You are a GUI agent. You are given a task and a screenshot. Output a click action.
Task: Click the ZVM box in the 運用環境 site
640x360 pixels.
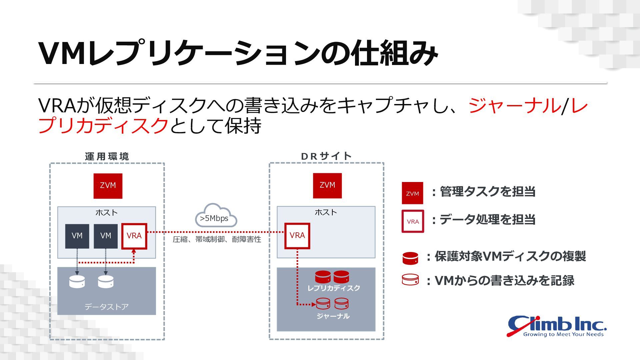tap(108, 186)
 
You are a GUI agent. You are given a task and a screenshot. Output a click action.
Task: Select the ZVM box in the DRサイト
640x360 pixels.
tap(327, 185)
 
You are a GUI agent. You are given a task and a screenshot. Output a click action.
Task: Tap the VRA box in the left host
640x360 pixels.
tap(134, 236)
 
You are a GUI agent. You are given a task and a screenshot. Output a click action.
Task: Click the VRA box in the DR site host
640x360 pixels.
tap(297, 236)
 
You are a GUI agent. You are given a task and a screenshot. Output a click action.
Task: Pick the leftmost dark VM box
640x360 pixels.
tap(77, 236)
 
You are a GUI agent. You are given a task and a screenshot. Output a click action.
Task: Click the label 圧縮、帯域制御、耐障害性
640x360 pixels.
tap(217, 239)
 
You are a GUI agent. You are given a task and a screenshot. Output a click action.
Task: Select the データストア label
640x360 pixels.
tap(106, 307)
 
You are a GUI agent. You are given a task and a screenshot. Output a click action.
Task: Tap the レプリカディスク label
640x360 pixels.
tap(334, 288)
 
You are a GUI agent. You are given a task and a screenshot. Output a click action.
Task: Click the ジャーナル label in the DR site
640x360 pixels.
tap(333, 316)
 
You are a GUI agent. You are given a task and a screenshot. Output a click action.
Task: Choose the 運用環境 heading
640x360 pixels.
tap(107, 156)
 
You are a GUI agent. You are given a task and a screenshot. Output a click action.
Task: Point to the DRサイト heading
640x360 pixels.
tap(326, 156)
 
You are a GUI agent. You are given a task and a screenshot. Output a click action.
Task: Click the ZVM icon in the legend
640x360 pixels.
tap(412, 193)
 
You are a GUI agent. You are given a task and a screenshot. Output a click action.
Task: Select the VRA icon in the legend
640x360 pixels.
tap(413, 221)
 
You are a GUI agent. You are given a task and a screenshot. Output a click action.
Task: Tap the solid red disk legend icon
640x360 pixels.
tap(410, 258)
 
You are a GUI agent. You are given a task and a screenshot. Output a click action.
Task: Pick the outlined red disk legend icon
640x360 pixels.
tap(410, 280)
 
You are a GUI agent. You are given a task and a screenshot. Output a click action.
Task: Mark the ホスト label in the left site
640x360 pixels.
tap(106, 213)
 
